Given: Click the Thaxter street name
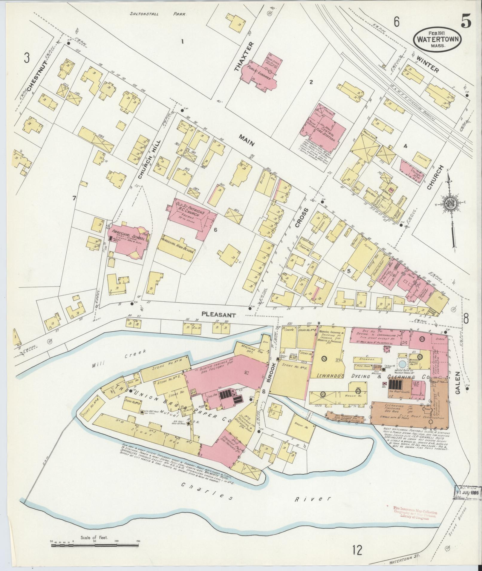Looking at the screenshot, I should click(240, 57).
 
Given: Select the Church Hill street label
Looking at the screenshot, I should click(148, 160).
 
